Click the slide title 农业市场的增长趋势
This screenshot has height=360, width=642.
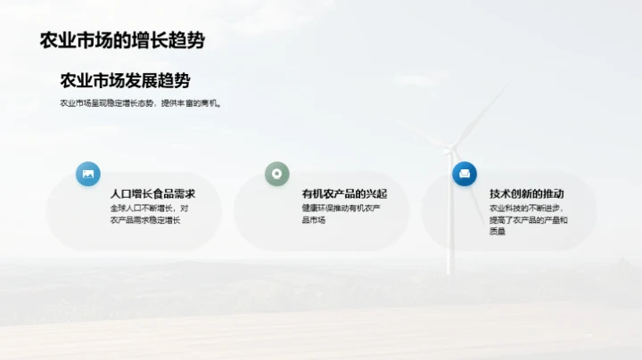[122, 40]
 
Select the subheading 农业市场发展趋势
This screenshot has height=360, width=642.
[125, 81]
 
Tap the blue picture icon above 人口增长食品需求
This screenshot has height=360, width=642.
[88, 174]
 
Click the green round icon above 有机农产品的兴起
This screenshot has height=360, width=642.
[277, 174]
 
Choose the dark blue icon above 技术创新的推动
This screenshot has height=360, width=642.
[465, 174]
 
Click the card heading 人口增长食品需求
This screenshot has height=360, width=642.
[152, 193]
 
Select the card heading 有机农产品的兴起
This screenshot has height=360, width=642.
[344, 193]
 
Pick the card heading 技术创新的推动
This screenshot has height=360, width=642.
[527, 193]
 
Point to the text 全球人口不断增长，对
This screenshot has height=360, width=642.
[149, 209]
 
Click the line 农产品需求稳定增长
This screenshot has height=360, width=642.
[145, 220]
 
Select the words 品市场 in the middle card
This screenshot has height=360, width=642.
[314, 220]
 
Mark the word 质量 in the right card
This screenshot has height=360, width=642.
[498, 232]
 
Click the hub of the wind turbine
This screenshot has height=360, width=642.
[449, 150]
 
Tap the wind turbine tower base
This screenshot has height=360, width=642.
[450, 270]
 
